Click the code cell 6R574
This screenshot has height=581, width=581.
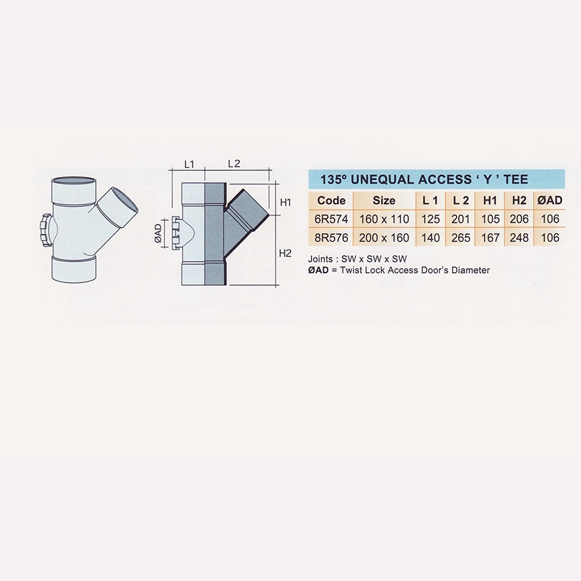point(331,219)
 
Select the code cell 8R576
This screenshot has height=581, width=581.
point(331,238)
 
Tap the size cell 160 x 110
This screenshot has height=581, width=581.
point(384,219)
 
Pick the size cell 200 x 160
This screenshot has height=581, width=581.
point(384,238)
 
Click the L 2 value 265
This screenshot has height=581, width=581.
point(461,238)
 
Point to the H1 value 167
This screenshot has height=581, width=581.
point(490,238)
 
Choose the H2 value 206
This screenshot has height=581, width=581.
point(519,219)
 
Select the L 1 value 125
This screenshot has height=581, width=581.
point(430,219)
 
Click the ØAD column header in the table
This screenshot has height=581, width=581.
point(550,201)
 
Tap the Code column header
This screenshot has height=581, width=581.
point(331,201)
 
